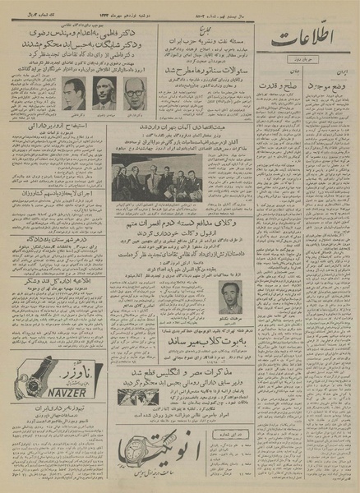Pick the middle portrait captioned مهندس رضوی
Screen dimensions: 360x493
(103, 94)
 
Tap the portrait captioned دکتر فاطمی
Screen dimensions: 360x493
(73, 94)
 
